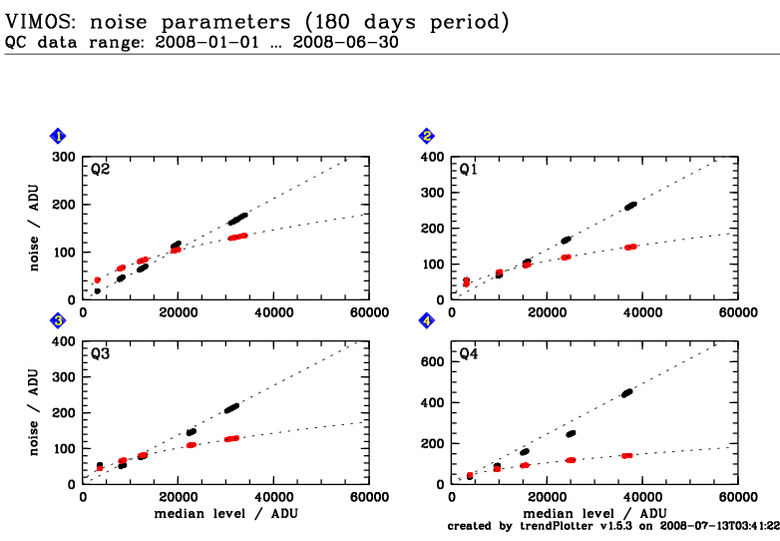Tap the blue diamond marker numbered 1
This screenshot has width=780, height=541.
click(59, 136)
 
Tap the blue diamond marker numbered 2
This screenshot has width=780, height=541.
click(427, 136)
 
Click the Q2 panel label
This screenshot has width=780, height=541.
click(100, 170)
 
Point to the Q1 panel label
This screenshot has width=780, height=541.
click(469, 170)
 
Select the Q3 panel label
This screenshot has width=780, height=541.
click(100, 354)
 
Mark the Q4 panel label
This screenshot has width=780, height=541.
click(469, 354)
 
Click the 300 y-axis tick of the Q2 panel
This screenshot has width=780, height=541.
click(64, 158)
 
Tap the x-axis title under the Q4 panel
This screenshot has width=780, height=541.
click(595, 513)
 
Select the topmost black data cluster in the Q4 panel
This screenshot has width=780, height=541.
click(627, 393)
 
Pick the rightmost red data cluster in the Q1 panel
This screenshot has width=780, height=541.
click(630, 247)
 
